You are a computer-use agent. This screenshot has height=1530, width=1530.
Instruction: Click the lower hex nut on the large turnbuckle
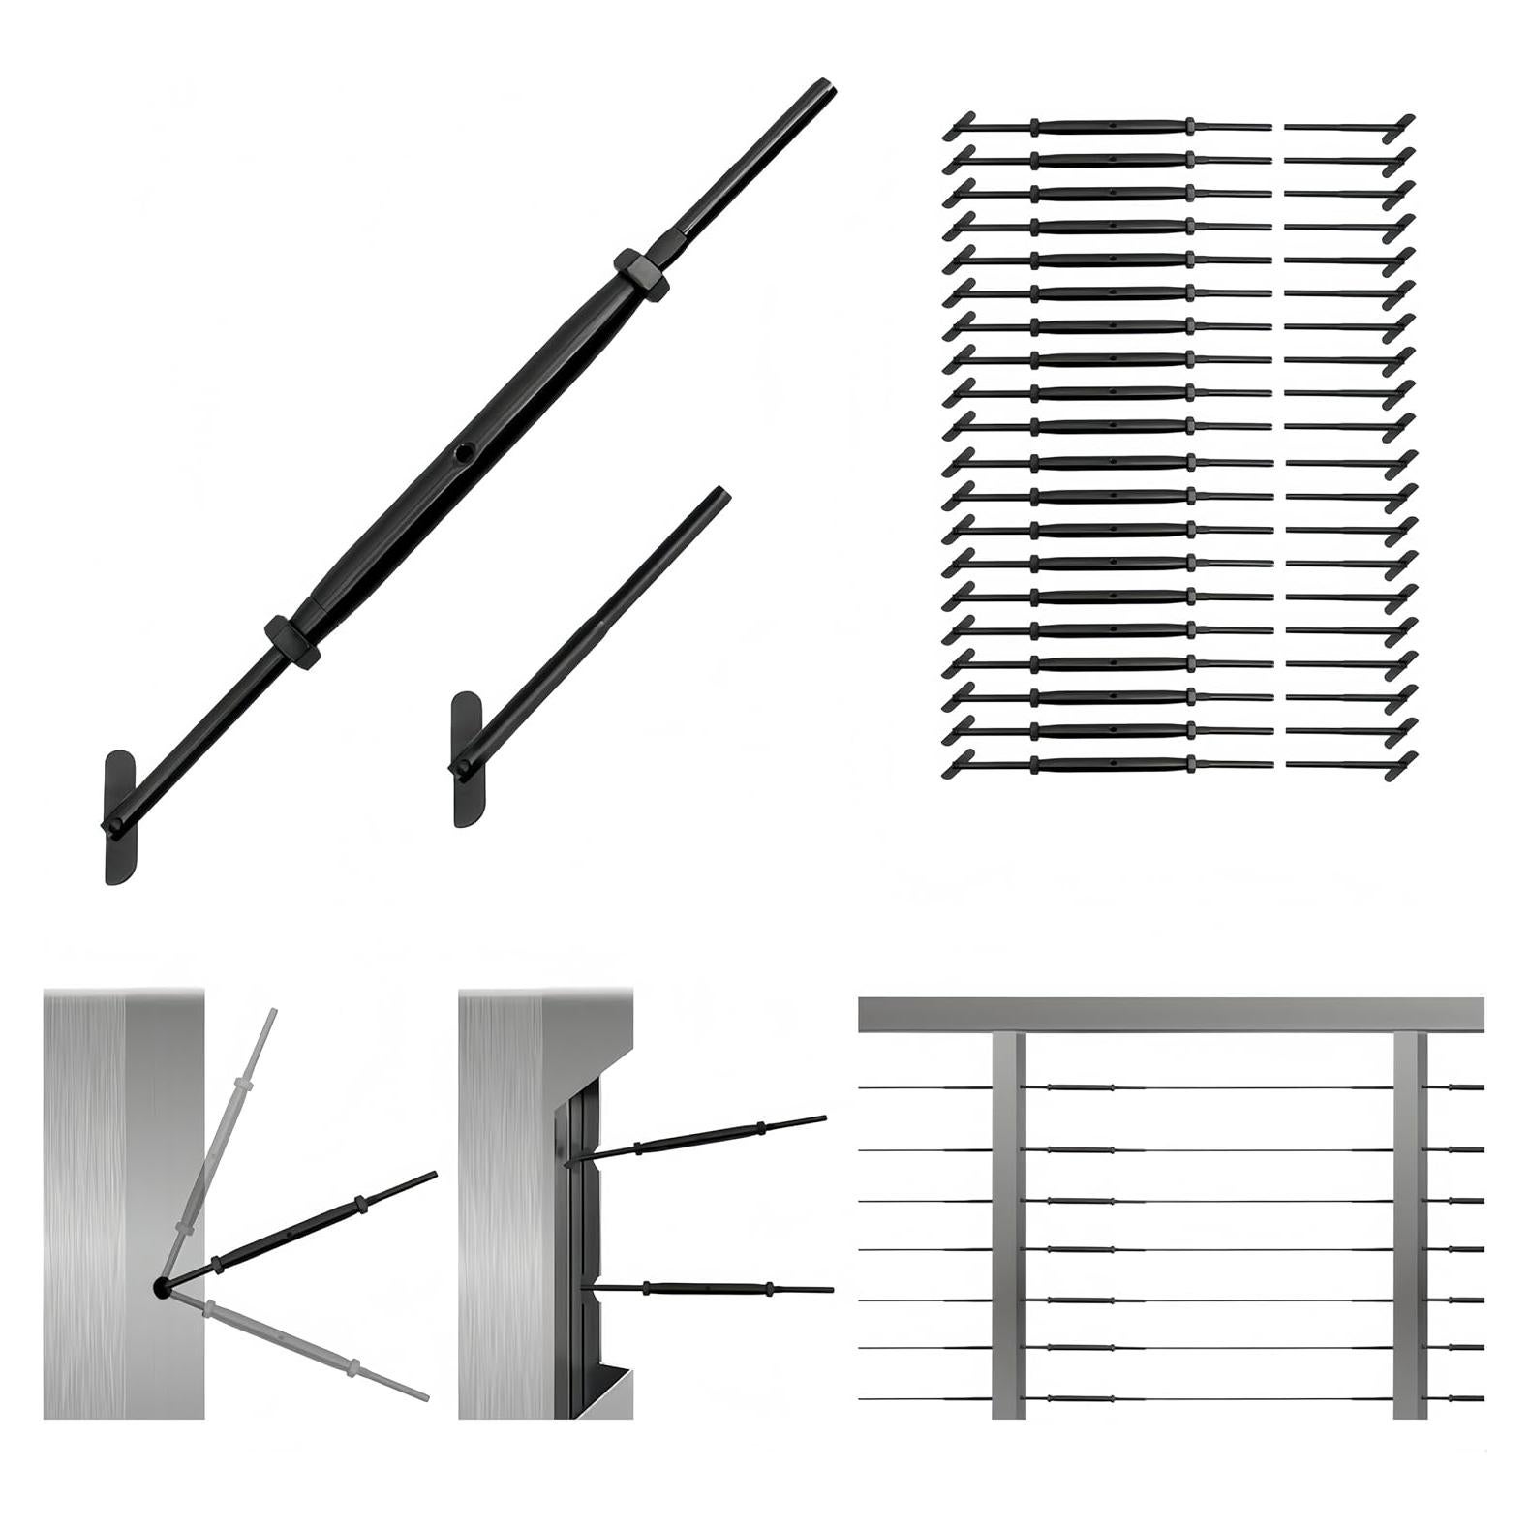point(291,640)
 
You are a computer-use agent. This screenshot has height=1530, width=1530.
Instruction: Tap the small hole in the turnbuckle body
point(466,450)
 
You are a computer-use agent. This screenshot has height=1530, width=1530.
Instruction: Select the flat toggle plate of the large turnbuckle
point(120,818)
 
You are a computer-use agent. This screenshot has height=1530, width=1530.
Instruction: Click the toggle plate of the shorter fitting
point(466,760)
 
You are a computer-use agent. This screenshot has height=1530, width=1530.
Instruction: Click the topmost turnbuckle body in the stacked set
point(1114,127)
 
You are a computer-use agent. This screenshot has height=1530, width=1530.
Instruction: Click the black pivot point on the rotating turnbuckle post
point(161,1287)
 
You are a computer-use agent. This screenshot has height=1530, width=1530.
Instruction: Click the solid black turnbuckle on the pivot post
point(300,1230)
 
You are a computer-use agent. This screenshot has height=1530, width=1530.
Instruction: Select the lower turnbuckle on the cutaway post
point(707,1288)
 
